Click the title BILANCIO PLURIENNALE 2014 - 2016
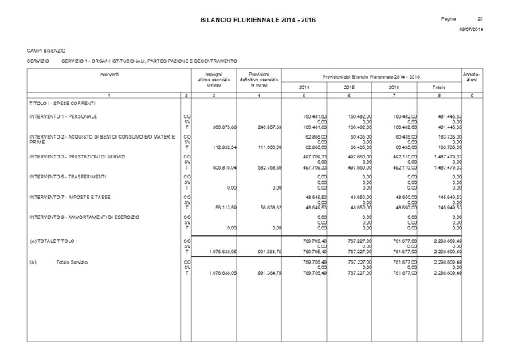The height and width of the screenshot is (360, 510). (x=254, y=18)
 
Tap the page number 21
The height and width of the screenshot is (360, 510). (x=480, y=18)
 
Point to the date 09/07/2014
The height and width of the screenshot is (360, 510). (x=472, y=29)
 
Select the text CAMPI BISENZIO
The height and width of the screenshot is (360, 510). (x=45, y=49)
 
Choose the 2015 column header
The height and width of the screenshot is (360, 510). (x=348, y=86)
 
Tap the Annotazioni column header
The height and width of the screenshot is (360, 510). (x=470, y=77)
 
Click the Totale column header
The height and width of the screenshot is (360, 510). (x=439, y=86)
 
